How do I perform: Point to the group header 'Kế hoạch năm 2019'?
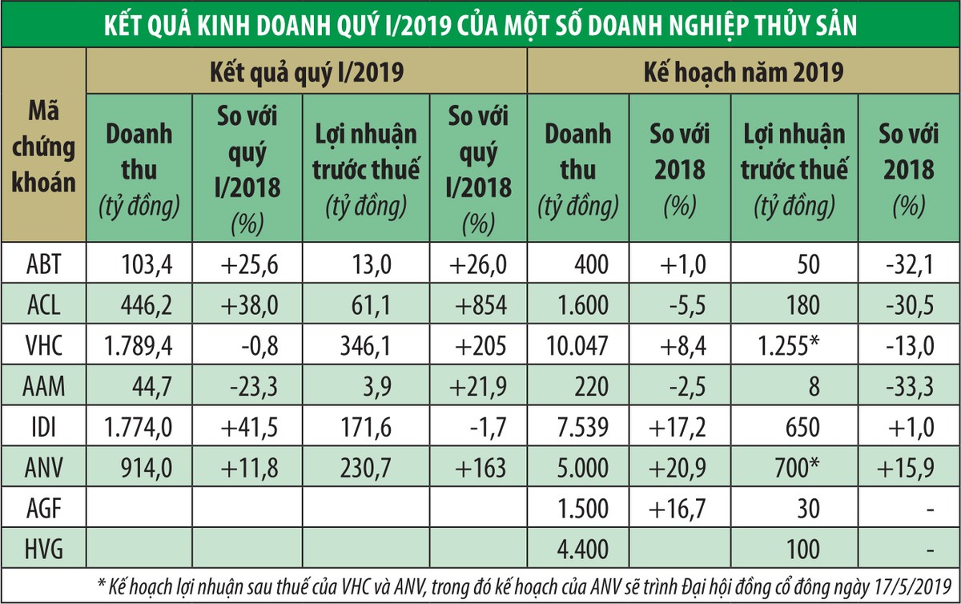click(x=743, y=73)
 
